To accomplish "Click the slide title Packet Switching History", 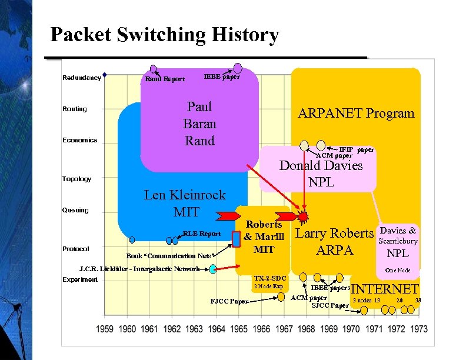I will click(x=164, y=35).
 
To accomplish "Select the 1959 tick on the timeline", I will click(x=105, y=328).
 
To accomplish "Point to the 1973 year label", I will click(x=419, y=328).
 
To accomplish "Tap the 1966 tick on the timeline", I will click(x=262, y=328).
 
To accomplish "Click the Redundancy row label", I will click(x=81, y=78).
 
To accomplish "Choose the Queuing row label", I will click(x=75, y=210).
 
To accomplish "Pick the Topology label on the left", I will click(x=76, y=179).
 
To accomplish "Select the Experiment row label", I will click(x=80, y=279).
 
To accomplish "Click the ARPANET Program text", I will click(x=356, y=113).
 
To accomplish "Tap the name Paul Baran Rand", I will click(x=200, y=124).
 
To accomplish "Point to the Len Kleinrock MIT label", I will click(x=185, y=203).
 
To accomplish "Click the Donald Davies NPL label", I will click(x=321, y=174).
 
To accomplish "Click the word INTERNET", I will click(x=385, y=288).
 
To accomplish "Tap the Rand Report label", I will click(x=165, y=79).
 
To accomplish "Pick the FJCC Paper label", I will click(x=229, y=302).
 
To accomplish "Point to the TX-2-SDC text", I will click(x=269, y=278).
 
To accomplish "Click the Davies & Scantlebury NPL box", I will click(x=398, y=242).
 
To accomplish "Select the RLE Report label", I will click(x=202, y=234).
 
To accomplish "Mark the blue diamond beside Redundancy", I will click(x=104, y=75).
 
